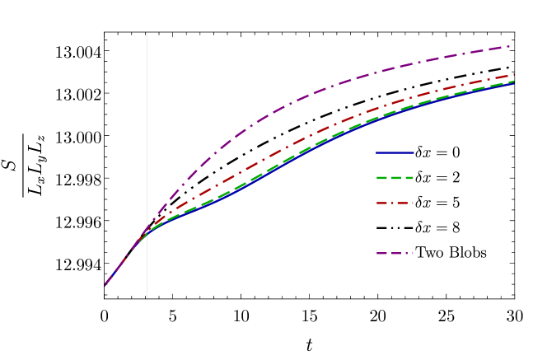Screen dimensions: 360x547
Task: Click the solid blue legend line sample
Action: point(395,153)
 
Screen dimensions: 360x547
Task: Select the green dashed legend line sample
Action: point(395,178)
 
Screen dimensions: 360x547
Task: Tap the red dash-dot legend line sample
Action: point(395,203)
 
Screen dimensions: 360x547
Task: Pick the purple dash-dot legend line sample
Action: point(395,253)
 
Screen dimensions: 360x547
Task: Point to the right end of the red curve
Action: point(513,74)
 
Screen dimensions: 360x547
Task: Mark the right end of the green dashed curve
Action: point(514,81)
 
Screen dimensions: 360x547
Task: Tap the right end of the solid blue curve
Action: point(514,83)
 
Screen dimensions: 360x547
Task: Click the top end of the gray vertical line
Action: point(147,34)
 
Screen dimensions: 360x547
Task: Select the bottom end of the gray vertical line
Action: point(147,297)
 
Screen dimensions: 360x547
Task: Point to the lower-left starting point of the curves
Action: point(105,284)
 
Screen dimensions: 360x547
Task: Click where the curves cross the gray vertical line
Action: point(147,230)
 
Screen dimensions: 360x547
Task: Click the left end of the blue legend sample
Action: point(377,153)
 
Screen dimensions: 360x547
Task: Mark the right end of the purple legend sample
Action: point(413,253)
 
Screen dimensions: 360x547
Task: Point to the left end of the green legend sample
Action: point(377,178)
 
